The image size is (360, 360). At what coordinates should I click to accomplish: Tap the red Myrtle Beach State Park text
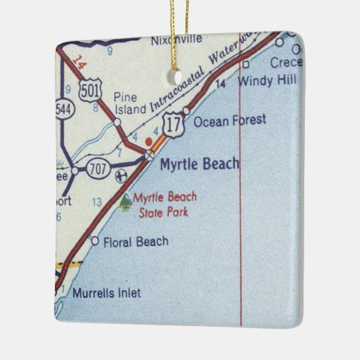click(160, 204)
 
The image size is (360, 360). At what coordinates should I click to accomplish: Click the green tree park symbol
click(126, 201)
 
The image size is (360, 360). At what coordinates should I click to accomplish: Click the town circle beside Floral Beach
click(94, 240)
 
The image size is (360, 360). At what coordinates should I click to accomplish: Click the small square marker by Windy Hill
click(245, 65)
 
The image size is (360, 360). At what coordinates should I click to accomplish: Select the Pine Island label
click(126, 102)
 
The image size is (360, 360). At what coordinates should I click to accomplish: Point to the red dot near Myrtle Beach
click(149, 141)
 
